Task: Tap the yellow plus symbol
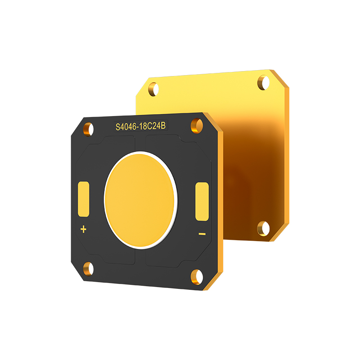83,229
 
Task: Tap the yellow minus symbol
202,234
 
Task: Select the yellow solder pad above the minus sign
202,202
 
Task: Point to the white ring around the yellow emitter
106,198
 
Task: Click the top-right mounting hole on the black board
196,125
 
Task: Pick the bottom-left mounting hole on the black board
89,269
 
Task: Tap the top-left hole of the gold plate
154,89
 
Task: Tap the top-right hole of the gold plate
263,82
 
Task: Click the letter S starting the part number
118,128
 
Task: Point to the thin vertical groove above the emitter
140,143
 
